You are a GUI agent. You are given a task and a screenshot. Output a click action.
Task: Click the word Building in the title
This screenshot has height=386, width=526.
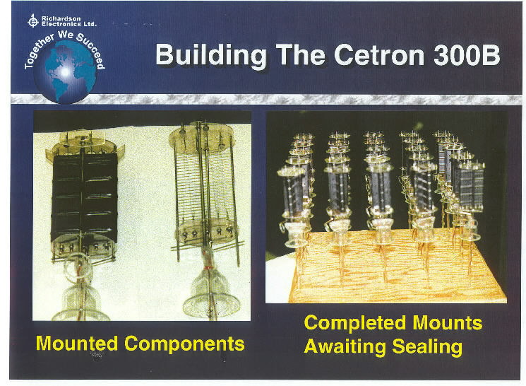coord(212,56)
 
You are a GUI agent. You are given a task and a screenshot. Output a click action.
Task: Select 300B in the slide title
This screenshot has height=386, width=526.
coord(467,54)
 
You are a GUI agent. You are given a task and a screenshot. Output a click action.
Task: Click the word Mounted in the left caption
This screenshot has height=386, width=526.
coord(76,343)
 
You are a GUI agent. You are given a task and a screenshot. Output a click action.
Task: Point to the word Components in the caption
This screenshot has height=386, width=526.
coord(184,344)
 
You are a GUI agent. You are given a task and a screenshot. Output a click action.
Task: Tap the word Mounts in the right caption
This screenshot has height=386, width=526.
coord(448,322)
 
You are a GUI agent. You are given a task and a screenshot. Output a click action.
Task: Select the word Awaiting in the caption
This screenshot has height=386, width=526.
coord(345,346)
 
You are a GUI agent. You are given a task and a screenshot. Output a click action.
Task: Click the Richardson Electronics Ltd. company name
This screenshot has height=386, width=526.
coord(68,21)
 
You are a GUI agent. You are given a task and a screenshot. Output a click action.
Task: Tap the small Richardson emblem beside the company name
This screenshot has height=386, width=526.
coord(33,21)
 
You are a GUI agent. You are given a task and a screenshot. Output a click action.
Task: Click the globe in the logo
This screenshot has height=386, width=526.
coord(65,73)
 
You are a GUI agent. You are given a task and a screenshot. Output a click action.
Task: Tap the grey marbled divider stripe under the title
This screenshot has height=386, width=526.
coord(266,99)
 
